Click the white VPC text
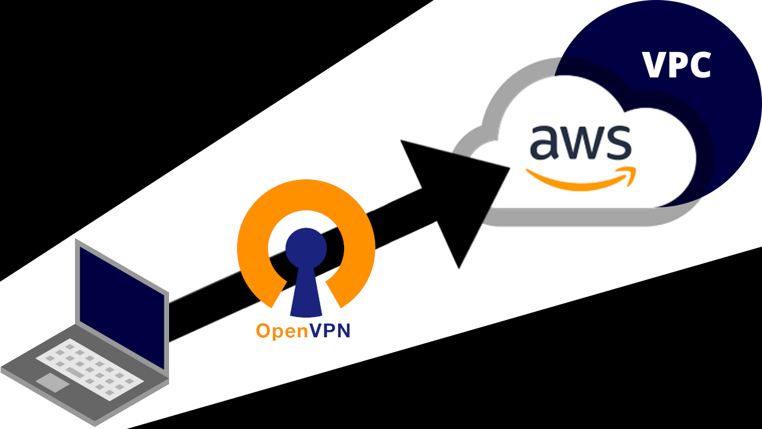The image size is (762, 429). pos(677,65)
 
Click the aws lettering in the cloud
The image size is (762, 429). pos(580,143)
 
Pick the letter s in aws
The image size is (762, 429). pos(616,144)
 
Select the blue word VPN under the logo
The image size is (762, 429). pos(330,331)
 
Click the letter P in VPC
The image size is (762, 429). pos(677,65)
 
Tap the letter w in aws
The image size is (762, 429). pos(580,144)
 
